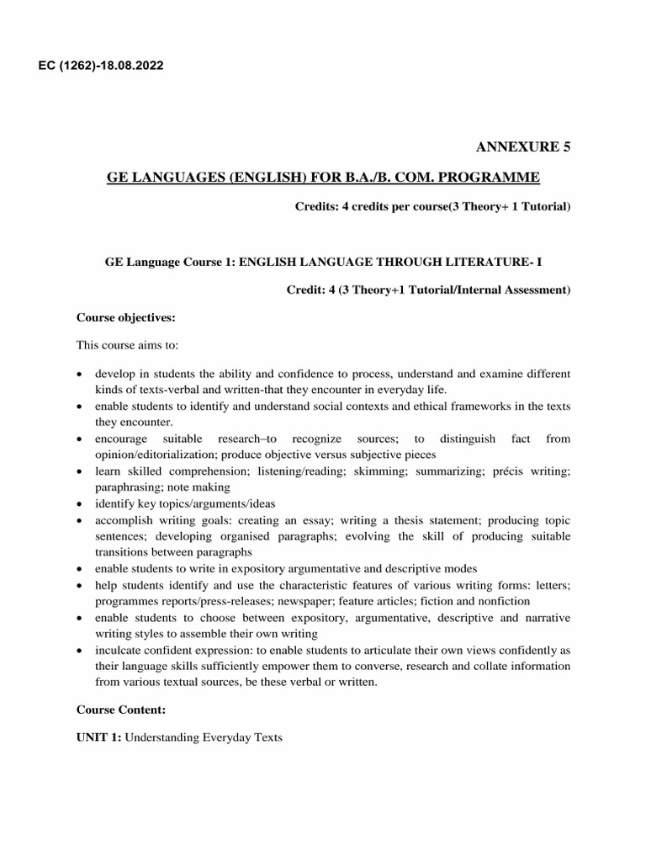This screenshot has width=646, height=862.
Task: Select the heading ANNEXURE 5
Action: pos(523,147)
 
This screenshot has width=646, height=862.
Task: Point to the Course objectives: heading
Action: pos(125,318)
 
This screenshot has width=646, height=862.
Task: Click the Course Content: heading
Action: pos(120,710)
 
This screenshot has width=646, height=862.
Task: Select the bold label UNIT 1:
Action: pos(99,738)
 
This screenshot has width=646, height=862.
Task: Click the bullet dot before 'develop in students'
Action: pos(79,374)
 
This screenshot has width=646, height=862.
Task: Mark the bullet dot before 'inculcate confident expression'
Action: pos(79,651)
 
